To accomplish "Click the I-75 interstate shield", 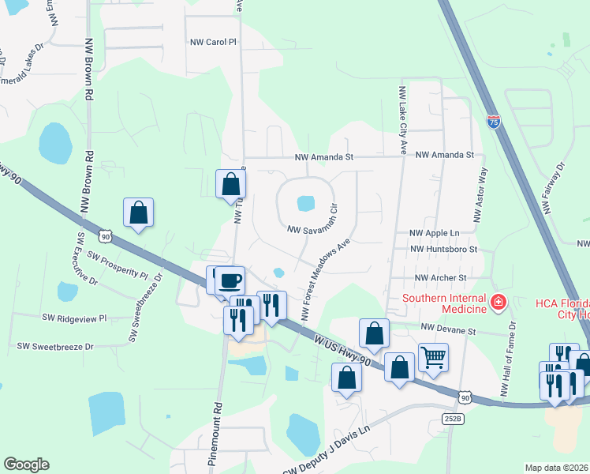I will (x=493, y=122).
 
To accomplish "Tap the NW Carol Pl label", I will (x=213, y=42).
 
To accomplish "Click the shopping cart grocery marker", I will (x=433, y=358).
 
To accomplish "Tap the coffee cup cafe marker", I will (x=230, y=281).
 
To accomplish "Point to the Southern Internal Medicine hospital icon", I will (x=498, y=301).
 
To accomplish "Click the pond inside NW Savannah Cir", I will (x=305, y=204).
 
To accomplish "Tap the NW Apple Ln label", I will (x=434, y=234).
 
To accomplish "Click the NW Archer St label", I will (x=441, y=278).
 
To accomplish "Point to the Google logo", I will (x=26, y=465).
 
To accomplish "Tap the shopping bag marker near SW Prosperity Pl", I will (x=138, y=213).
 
